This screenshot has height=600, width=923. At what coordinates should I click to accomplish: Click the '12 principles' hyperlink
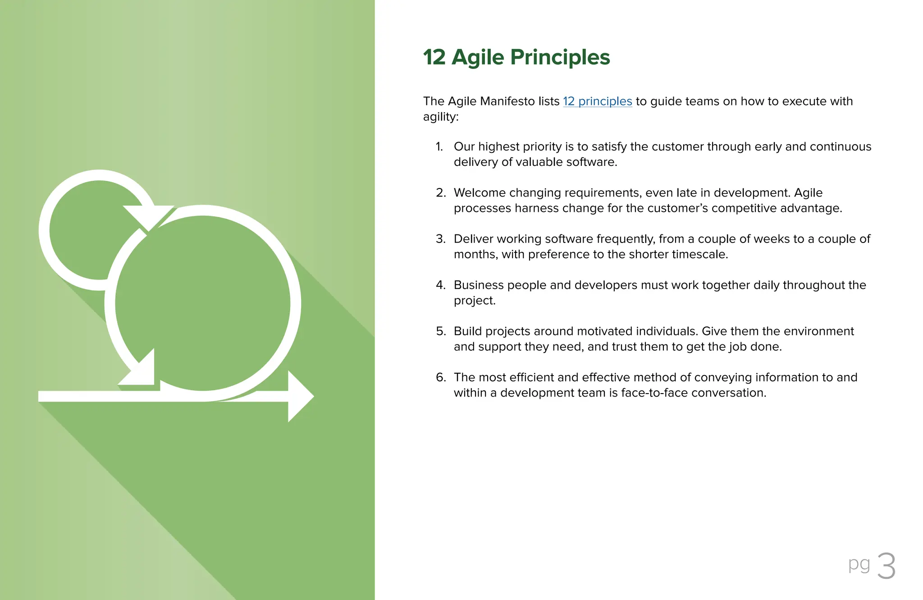(x=597, y=101)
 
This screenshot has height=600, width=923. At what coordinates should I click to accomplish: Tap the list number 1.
(x=439, y=147)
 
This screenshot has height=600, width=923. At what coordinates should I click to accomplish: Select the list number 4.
(x=440, y=285)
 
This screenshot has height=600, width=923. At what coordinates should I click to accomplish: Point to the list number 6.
(x=440, y=377)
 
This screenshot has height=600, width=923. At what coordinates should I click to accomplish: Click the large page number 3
(x=886, y=566)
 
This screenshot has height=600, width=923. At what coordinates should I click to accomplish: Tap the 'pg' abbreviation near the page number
(x=859, y=564)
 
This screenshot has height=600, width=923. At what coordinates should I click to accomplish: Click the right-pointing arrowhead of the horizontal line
(x=300, y=397)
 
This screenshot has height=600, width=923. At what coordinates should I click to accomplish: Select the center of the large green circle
(x=203, y=303)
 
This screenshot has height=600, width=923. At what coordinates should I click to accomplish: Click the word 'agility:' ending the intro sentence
(x=440, y=117)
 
